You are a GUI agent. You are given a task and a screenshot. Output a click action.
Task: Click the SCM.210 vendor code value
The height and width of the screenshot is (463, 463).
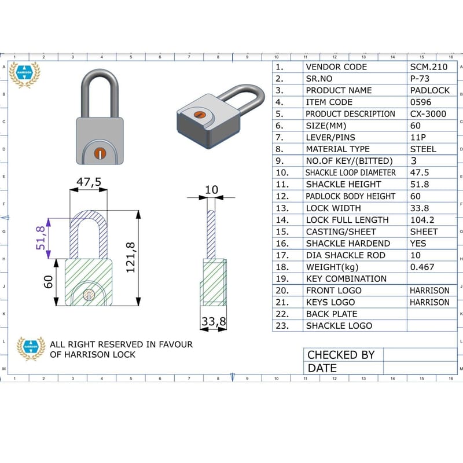coord(428,67)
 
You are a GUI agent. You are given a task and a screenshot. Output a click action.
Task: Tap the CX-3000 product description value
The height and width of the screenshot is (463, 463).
coord(428,114)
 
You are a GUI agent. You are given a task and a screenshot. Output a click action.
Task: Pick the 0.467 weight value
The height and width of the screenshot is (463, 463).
coord(422,267)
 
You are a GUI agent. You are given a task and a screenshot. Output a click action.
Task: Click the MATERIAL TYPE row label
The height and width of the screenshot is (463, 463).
coord(337,149)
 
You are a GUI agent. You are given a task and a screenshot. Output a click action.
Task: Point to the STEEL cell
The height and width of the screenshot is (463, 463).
coord(423,149)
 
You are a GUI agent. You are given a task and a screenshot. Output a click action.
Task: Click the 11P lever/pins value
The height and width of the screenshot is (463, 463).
coord(418,137)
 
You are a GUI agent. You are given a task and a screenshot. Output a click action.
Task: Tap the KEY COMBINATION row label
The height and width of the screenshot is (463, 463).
coord(346,278)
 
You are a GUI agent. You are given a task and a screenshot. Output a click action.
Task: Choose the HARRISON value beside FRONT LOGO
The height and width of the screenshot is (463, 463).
coord(429,291)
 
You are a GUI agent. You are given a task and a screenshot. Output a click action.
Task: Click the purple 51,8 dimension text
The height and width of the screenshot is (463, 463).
coord(41,238)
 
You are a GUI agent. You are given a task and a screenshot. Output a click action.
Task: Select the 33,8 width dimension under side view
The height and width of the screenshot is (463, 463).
coord(213,322)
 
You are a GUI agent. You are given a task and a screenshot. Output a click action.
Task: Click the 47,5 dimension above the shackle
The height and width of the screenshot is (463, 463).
coord(89,182)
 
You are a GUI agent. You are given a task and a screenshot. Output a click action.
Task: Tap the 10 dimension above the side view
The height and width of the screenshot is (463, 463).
coord(212,190)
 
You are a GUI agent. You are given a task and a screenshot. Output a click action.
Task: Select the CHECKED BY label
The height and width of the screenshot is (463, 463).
coord(340,355)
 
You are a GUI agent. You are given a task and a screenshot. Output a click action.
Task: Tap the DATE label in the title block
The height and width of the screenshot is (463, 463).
coord(322,368)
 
